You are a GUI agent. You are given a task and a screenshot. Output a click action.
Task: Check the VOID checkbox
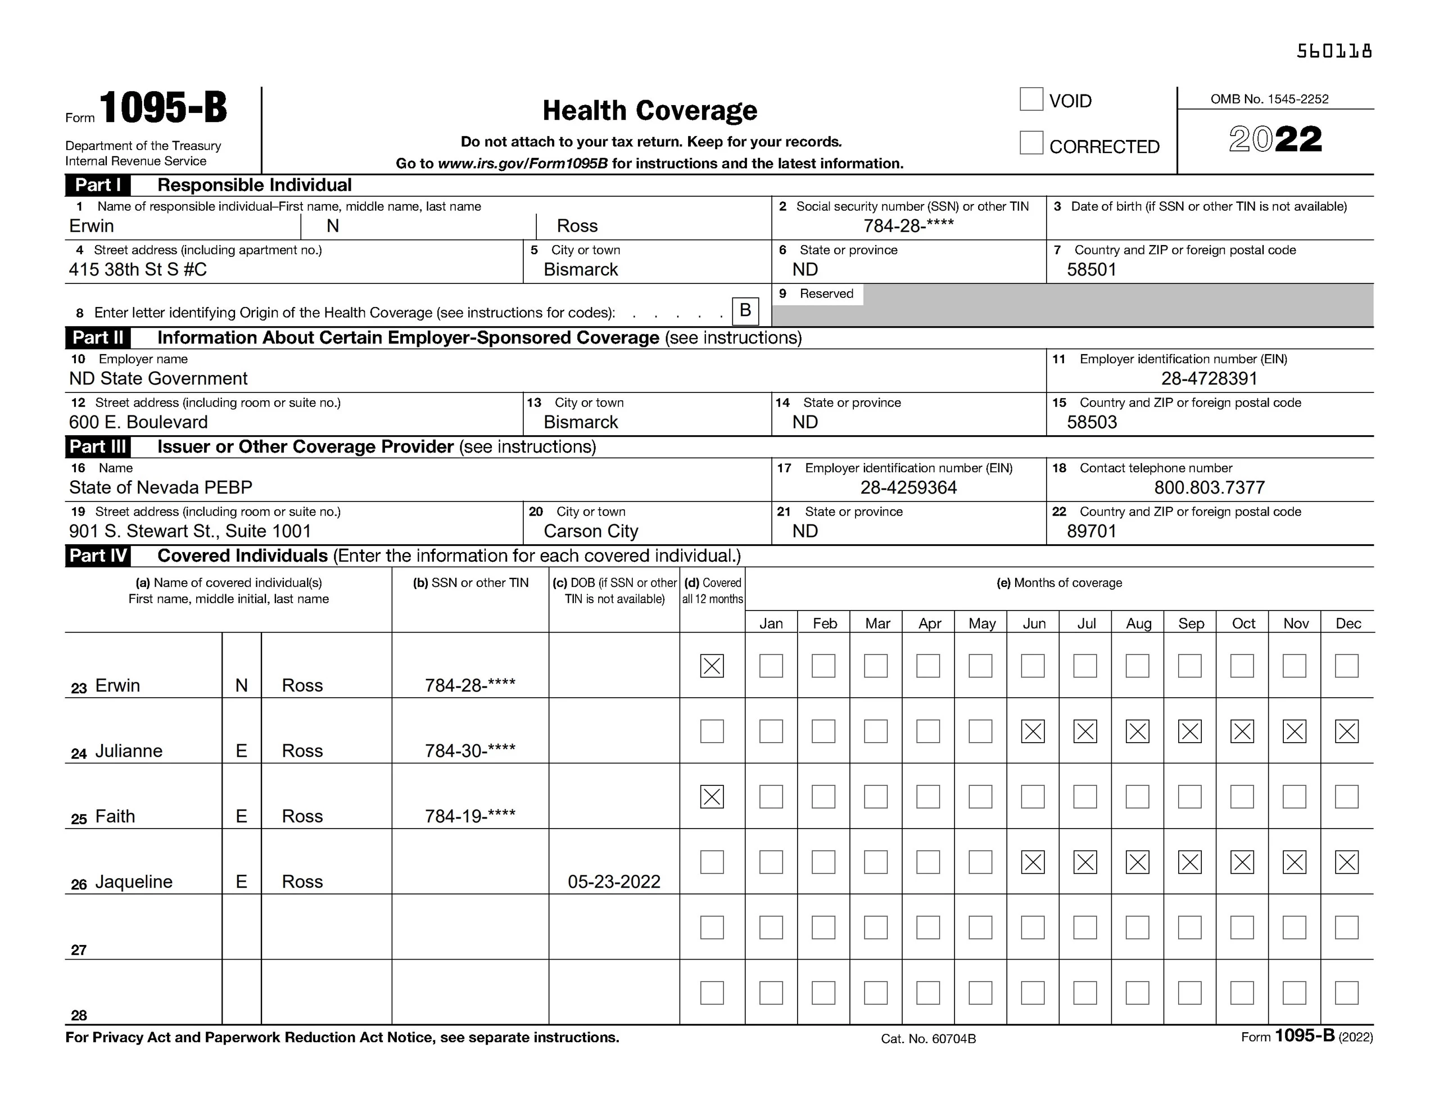[x=1030, y=100]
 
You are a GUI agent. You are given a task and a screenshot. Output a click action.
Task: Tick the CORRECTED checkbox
[x=1030, y=143]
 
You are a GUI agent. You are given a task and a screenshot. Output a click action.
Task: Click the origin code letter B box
[x=745, y=310]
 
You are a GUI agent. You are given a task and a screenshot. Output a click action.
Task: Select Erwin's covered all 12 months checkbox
[x=712, y=666]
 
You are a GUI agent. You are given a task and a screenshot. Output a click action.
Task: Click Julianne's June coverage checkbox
[x=1033, y=731]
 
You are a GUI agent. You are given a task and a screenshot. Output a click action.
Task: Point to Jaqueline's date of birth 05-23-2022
[x=613, y=882]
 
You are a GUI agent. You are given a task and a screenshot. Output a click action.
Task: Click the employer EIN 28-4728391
[x=1209, y=378]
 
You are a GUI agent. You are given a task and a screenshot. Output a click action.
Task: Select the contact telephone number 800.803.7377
[x=1209, y=488]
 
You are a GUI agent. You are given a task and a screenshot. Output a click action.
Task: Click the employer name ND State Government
[x=158, y=378]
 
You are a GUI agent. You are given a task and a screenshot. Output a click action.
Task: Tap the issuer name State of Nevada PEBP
[x=161, y=488]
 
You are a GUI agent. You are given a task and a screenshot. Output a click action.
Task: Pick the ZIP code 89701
[x=1092, y=531]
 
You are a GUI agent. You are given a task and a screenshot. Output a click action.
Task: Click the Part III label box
[x=97, y=447]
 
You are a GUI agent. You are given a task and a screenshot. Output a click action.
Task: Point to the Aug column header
[x=1138, y=623]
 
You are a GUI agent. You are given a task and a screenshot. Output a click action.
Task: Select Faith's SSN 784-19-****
[x=470, y=817]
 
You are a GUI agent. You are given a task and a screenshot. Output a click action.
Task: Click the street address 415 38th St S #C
[x=138, y=270]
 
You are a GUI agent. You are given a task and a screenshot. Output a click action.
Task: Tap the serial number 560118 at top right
[x=1333, y=51]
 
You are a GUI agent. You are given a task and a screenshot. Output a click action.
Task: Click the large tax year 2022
[x=1275, y=140]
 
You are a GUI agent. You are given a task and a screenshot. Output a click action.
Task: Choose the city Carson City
[x=590, y=531]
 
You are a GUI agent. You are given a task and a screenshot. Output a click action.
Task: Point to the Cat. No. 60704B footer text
[x=927, y=1039]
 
